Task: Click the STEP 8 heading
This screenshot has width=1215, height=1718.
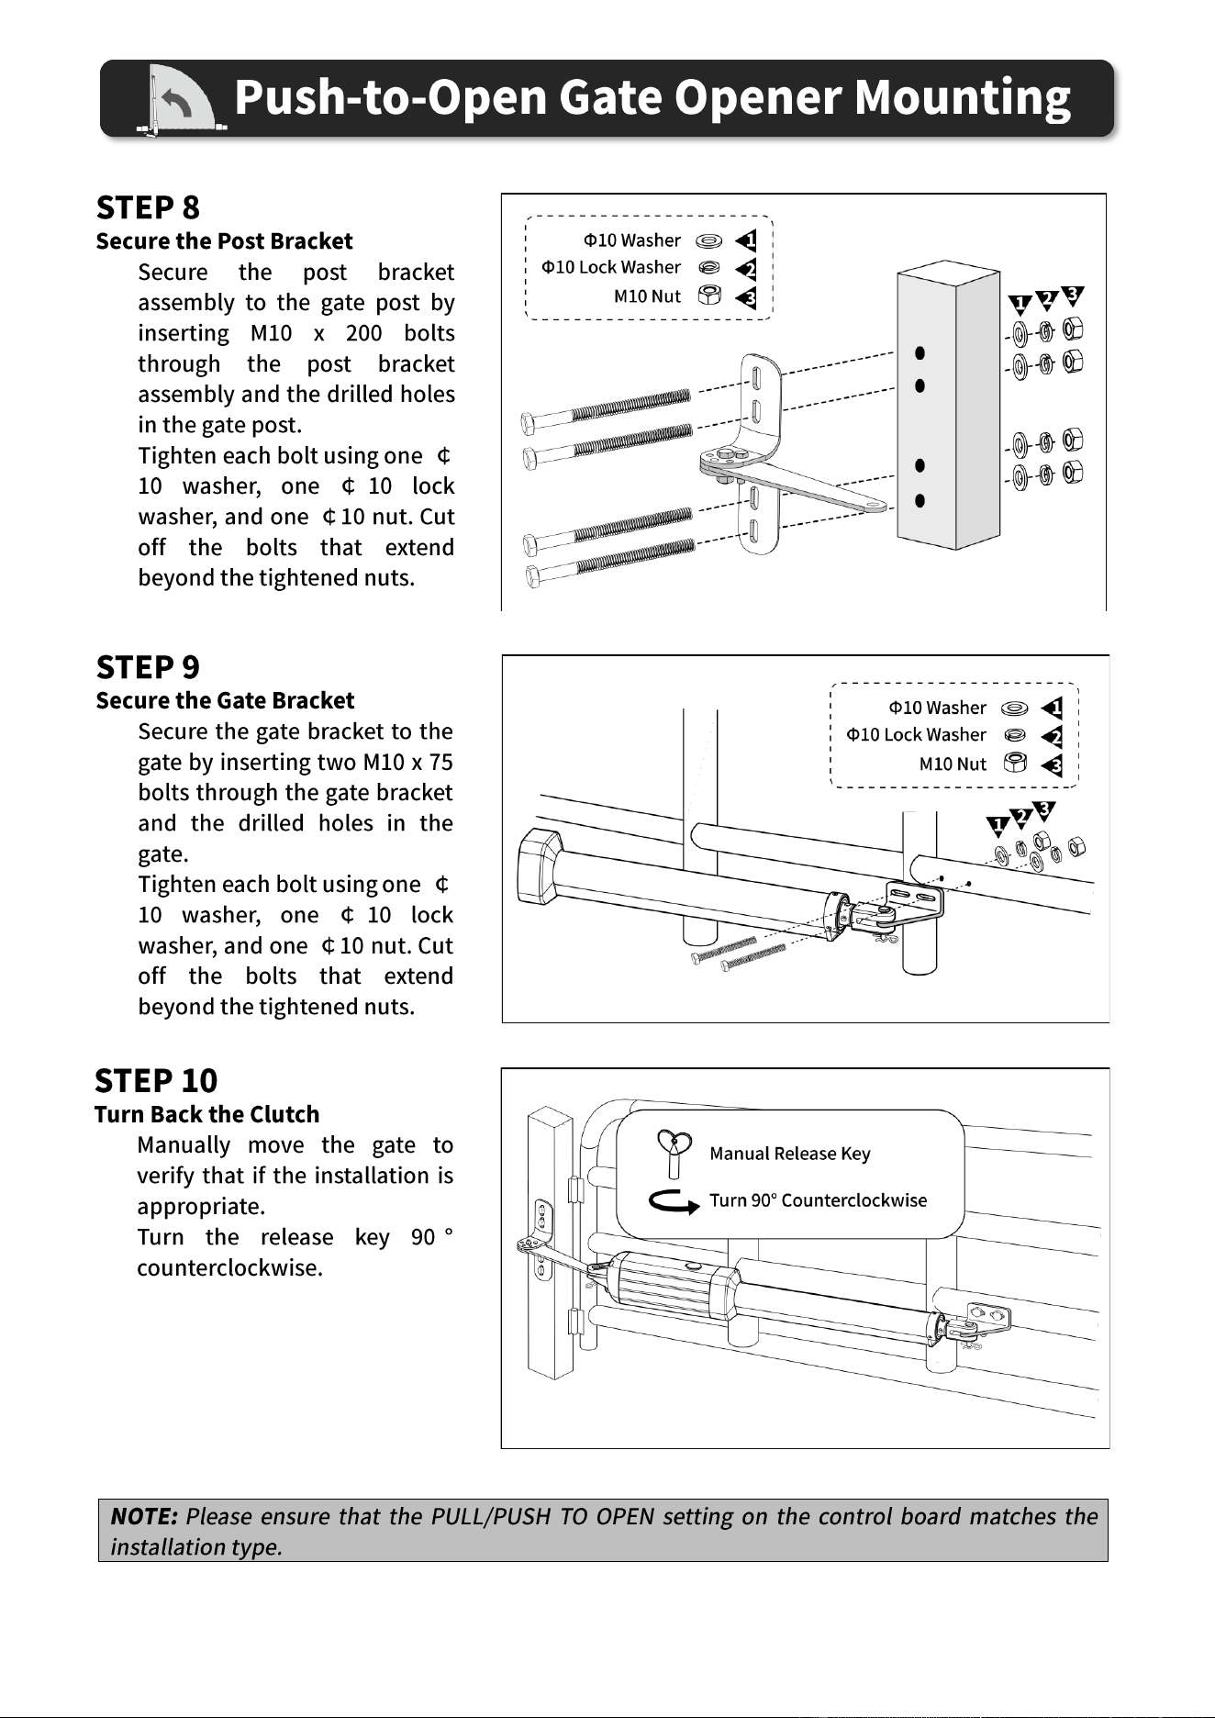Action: pos(148,208)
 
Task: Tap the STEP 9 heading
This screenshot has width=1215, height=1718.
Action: pos(148,667)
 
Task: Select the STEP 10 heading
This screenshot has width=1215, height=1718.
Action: pos(156,1081)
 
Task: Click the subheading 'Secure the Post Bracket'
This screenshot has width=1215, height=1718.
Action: pos(224,241)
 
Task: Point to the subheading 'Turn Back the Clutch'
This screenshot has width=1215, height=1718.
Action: pos(207,1114)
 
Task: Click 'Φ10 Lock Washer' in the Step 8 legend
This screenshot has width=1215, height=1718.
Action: pos(611,267)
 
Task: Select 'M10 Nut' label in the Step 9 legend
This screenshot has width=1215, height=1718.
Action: pos(953,764)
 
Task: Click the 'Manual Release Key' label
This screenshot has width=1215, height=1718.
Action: pos(790,1154)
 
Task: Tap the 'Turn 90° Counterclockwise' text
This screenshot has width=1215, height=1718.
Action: pos(819,1200)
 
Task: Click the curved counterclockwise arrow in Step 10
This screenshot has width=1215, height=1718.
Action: pos(674,1201)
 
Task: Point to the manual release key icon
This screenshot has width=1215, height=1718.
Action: pos(674,1154)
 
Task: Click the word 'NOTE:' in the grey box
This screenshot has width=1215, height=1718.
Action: pos(144,1516)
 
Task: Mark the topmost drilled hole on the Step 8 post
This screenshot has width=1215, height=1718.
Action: pos(920,353)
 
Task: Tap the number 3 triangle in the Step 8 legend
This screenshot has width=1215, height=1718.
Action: pos(747,297)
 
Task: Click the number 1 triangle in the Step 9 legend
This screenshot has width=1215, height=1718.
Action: pos(1053,708)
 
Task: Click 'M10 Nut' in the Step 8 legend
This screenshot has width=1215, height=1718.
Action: pos(647,296)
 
